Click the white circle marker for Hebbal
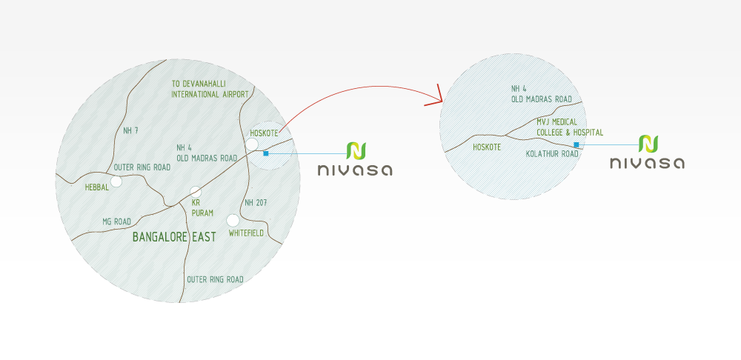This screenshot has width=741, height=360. (x=116, y=181)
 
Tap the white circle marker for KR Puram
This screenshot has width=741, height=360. (x=196, y=191)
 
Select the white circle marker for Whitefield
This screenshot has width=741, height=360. (x=233, y=219)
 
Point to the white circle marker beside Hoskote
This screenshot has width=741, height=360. (x=252, y=144)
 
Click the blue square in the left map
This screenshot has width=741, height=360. (x=265, y=153)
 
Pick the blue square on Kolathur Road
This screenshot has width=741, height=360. (x=576, y=144)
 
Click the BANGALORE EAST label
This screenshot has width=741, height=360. (x=174, y=237)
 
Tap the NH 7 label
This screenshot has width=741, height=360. (x=131, y=131)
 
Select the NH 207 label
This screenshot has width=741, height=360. (x=255, y=202)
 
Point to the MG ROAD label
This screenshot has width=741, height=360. (x=116, y=221)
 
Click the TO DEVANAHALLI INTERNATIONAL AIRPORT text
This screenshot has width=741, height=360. (x=210, y=90)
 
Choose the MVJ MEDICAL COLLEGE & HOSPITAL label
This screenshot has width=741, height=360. (x=569, y=127)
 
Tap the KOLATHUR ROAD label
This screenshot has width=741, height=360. (x=551, y=154)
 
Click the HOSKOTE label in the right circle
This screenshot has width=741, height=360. (x=487, y=147)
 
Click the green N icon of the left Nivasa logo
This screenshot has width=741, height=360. (x=356, y=150)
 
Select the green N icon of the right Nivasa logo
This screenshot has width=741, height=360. (x=648, y=144)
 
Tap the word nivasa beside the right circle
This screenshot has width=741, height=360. (x=647, y=163)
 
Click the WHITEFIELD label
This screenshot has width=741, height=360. (x=247, y=233)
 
